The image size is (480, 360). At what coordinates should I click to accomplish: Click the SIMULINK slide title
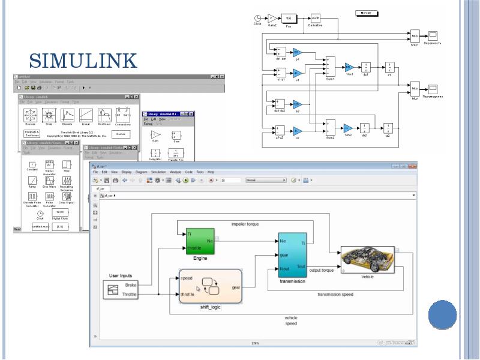83,61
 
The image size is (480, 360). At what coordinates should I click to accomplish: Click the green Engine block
200,241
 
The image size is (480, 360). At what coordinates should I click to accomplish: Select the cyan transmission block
292,254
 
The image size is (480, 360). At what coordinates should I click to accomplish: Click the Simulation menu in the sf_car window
159,172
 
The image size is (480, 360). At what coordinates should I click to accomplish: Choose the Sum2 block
330,127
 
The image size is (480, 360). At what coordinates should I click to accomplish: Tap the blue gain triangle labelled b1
298,53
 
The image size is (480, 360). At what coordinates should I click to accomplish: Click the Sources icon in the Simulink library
30,115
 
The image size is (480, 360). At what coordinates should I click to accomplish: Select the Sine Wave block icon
49,181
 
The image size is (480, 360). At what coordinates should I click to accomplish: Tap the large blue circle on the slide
443,314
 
